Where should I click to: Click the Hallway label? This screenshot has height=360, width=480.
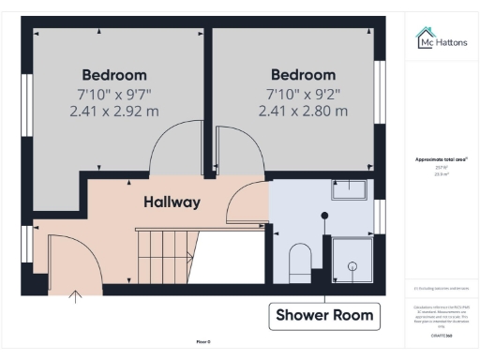click(172, 202)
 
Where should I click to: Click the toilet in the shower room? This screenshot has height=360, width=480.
click(299, 262)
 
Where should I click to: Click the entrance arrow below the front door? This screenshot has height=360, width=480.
click(76, 298)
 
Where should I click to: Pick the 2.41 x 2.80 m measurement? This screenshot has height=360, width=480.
click(303, 111)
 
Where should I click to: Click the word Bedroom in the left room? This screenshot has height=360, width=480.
click(114, 75)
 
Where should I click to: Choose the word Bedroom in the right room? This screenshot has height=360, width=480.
click(303, 75)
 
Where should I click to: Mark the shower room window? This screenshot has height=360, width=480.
click(379, 217)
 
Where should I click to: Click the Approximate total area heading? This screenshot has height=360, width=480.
click(442, 159)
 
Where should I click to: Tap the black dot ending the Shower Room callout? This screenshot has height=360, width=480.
click(324, 216)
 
